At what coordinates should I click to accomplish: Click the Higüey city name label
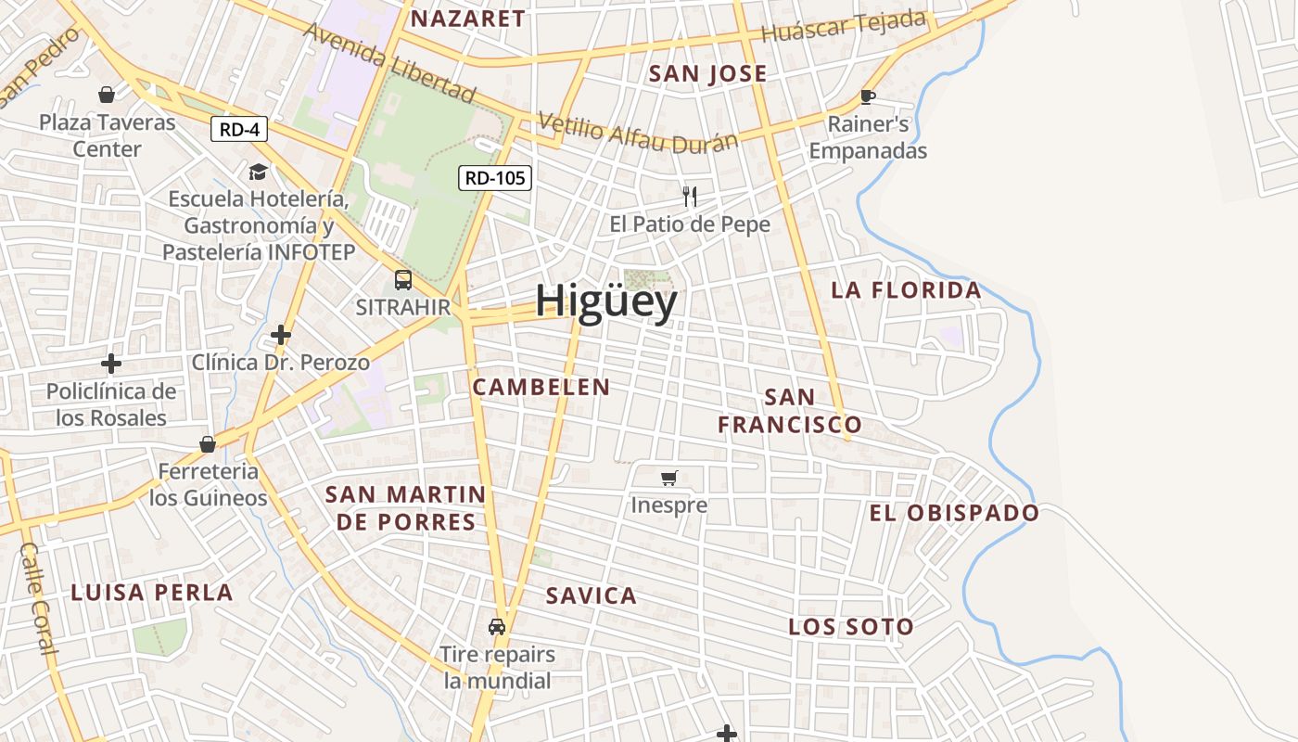click(606, 302)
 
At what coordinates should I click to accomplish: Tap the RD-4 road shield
click(239, 129)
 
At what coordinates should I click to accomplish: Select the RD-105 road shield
click(495, 177)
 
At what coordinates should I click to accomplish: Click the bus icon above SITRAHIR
click(403, 279)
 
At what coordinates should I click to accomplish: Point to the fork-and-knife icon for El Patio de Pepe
click(689, 196)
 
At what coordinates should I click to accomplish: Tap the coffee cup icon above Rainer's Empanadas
click(868, 96)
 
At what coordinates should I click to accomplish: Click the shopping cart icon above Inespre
click(668, 478)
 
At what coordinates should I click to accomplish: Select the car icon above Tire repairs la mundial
click(497, 626)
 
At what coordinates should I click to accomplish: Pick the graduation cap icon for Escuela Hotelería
click(258, 172)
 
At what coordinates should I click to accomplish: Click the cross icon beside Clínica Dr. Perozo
click(281, 334)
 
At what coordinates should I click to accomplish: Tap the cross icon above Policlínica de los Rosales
click(111, 363)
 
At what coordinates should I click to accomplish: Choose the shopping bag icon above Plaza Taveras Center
click(107, 95)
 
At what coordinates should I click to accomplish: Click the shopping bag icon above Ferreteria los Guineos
click(208, 444)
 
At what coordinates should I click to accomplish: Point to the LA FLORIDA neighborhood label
click(906, 290)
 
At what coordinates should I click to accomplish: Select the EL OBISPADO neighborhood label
click(954, 513)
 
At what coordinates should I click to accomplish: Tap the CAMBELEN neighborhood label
click(541, 388)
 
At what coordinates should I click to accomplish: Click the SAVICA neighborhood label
click(592, 595)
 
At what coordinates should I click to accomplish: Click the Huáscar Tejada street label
click(844, 26)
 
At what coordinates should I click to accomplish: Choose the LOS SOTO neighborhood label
click(851, 627)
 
